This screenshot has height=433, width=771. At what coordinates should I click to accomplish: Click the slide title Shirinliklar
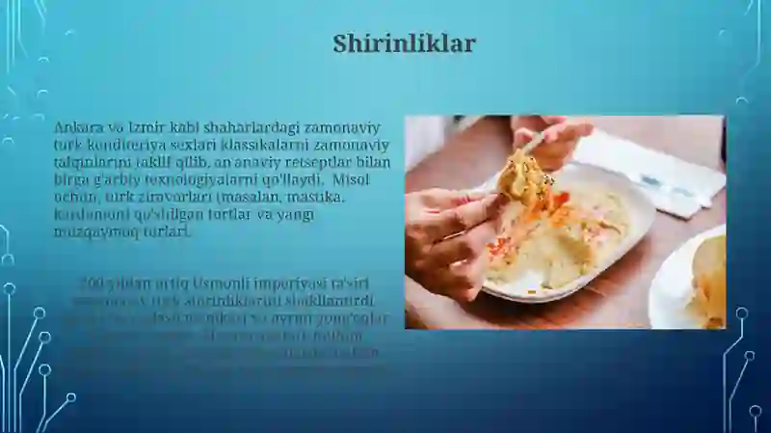[404, 44]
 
